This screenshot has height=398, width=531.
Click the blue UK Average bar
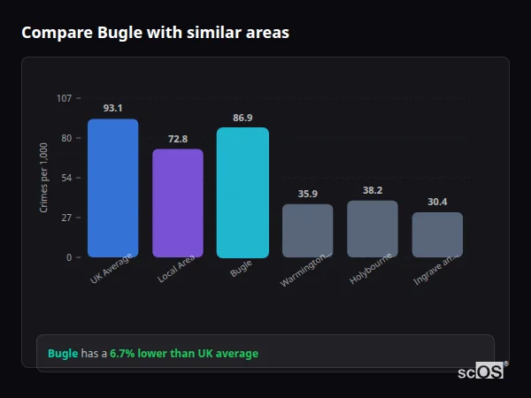click(x=112, y=188)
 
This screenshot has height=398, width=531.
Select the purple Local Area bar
click(x=178, y=203)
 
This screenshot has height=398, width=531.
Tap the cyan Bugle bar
click(x=242, y=192)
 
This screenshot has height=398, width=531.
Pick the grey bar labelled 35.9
click(x=308, y=231)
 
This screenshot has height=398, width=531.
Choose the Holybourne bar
click(x=373, y=229)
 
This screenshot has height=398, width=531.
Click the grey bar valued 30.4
click(x=437, y=234)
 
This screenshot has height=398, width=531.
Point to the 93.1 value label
click(x=112, y=108)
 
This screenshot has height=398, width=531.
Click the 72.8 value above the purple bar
click(x=178, y=139)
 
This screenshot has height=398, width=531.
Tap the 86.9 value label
click(x=242, y=118)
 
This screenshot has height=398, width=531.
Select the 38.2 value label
click(x=373, y=190)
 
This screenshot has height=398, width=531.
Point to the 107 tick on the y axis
click(x=64, y=98)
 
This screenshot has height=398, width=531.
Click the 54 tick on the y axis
click(x=65, y=178)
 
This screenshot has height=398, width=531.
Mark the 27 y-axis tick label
click(x=65, y=218)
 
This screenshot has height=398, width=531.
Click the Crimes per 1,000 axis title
click(x=44, y=178)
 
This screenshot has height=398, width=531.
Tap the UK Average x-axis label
click(x=111, y=269)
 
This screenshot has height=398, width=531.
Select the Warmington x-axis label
click(x=305, y=269)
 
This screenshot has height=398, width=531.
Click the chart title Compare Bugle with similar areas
click(x=155, y=33)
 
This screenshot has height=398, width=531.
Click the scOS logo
click(x=481, y=371)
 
